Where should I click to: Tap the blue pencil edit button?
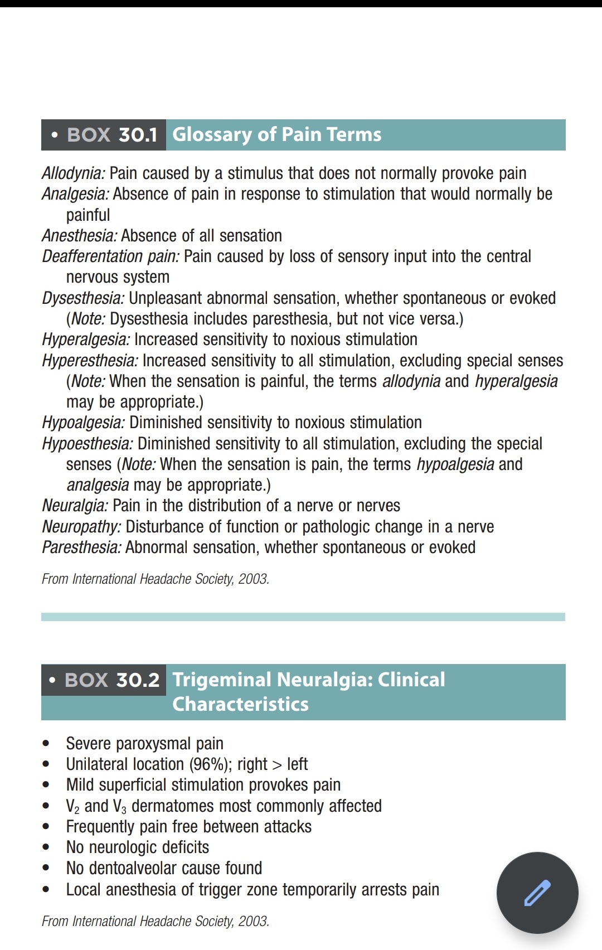(x=537, y=893)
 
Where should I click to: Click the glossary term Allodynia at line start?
(x=73, y=173)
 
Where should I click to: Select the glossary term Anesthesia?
(x=80, y=236)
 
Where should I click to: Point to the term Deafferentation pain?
(x=110, y=256)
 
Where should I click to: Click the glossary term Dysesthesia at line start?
(x=83, y=298)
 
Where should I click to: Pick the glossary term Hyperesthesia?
(x=90, y=361)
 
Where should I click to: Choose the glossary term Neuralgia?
(x=75, y=506)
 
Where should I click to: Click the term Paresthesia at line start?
(x=81, y=547)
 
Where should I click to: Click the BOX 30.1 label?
(x=111, y=135)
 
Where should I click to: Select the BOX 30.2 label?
(x=111, y=680)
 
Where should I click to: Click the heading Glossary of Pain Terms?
(x=277, y=135)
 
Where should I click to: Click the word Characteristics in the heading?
(x=240, y=704)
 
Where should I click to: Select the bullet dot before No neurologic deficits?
(x=46, y=847)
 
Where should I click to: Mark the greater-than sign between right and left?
(x=277, y=765)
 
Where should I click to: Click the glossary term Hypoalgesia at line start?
(x=83, y=423)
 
